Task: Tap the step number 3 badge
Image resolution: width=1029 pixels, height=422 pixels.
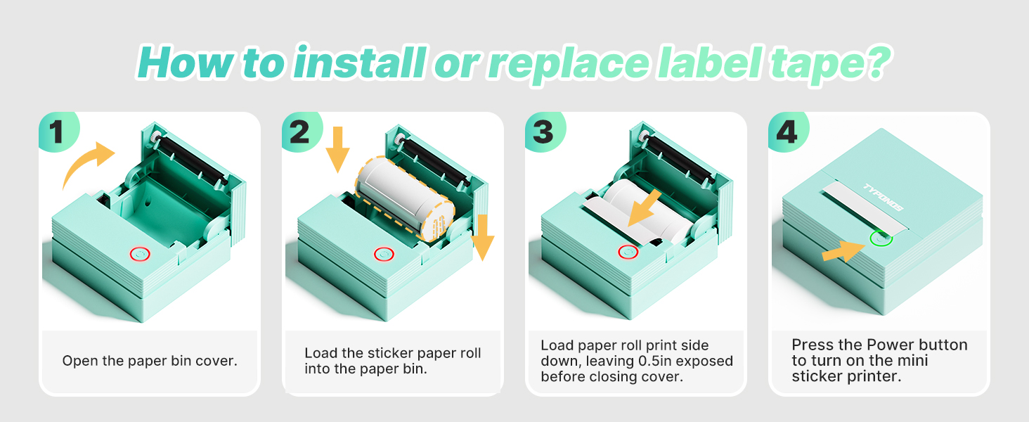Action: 543,133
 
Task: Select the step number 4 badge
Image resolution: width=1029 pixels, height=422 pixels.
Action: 787,133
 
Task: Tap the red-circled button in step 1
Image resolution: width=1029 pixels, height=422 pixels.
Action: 138,253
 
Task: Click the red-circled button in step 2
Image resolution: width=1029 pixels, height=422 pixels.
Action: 382,253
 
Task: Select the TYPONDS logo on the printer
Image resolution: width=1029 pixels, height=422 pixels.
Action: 882,198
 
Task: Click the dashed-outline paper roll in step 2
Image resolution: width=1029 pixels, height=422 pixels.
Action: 404,198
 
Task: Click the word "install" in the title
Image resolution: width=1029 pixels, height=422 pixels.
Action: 358,63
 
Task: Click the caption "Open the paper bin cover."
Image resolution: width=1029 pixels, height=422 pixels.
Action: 150,361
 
